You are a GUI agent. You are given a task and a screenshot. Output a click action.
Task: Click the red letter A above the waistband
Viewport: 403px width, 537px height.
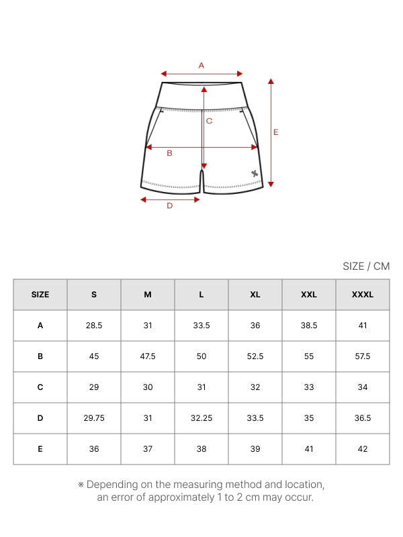(x=201, y=65)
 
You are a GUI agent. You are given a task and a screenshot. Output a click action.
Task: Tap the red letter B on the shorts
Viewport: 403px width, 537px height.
(x=169, y=153)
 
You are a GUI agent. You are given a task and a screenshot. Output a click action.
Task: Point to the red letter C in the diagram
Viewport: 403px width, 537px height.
(x=209, y=121)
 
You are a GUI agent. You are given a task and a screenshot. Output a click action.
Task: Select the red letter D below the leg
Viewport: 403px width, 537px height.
(x=170, y=205)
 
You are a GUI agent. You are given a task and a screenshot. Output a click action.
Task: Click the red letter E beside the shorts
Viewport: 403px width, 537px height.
(x=276, y=132)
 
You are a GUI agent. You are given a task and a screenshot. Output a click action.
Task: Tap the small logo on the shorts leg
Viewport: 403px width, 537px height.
(x=255, y=174)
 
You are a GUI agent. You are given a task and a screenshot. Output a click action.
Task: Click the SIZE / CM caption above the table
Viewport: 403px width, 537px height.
(x=366, y=266)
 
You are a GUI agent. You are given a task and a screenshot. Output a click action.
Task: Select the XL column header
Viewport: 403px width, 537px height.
(x=255, y=295)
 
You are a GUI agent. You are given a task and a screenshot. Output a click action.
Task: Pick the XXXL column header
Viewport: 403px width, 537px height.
(x=363, y=295)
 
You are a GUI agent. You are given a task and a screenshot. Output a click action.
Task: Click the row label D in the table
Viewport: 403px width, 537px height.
(x=40, y=418)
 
